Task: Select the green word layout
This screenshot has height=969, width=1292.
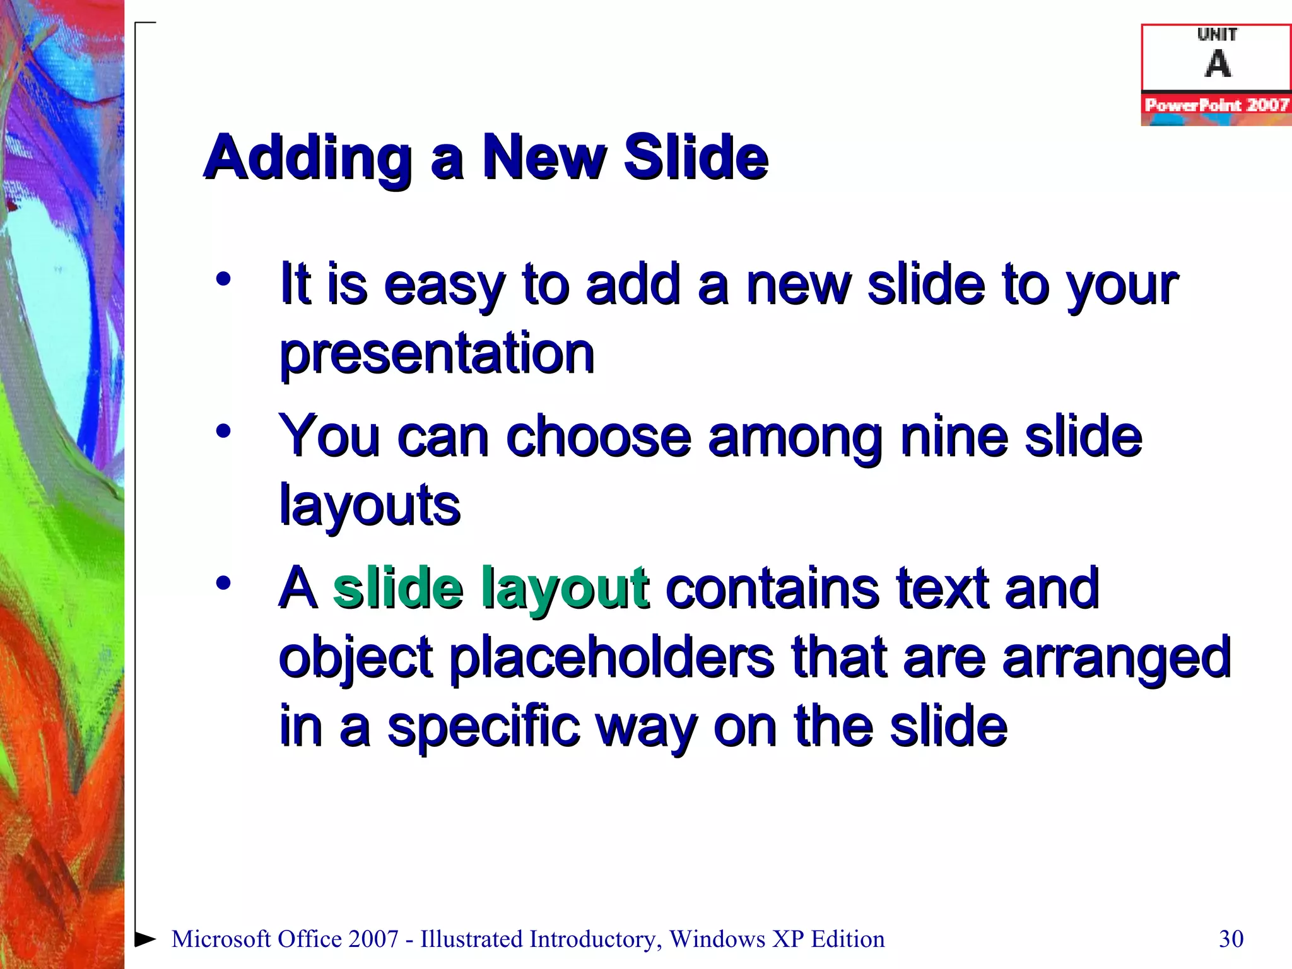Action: point(565,589)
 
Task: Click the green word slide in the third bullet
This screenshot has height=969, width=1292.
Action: point(398,588)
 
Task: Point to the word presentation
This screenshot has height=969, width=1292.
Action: point(437,354)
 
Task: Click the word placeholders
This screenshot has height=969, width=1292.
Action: point(611,658)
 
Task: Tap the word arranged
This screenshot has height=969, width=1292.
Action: point(1116,658)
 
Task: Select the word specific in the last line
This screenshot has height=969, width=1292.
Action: point(483,727)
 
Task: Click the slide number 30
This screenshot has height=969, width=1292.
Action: point(1231,939)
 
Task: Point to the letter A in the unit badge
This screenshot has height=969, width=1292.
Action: point(1218,64)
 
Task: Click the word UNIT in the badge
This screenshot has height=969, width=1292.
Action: point(1217,35)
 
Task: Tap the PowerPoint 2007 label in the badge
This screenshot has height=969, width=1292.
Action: point(1216,105)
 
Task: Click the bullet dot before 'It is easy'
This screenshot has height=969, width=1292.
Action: point(223,279)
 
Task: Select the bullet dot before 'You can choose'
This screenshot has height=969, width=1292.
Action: point(223,432)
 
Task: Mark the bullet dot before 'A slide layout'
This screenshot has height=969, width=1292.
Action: point(223,583)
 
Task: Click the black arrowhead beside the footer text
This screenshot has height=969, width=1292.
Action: point(146,939)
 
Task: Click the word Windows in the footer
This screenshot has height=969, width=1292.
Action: point(717,939)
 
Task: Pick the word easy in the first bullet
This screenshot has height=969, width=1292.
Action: point(444,286)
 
